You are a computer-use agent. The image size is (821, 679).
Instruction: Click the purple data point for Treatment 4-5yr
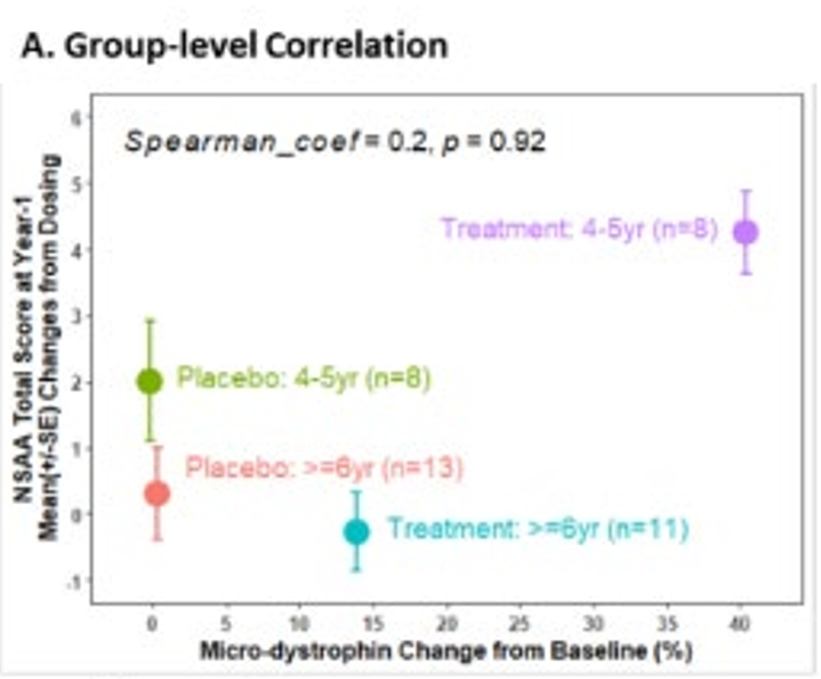[745, 232]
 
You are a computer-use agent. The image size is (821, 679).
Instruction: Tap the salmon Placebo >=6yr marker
[157, 493]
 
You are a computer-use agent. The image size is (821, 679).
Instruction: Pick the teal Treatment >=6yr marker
[356, 531]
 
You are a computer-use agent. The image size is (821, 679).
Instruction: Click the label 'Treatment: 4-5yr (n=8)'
[580, 229]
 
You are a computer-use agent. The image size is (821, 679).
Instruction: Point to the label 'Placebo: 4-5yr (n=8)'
[304, 379]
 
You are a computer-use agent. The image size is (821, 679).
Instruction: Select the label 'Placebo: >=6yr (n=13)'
[324, 468]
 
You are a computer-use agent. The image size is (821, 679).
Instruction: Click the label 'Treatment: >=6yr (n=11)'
[538, 529]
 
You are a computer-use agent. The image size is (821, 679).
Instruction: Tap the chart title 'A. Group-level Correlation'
[233, 45]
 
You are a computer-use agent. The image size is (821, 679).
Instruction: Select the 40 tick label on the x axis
[739, 622]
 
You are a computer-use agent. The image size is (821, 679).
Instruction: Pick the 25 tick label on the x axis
[519, 622]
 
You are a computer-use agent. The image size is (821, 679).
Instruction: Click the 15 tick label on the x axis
[372, 622]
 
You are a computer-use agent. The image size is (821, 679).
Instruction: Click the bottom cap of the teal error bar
[356, 570]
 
